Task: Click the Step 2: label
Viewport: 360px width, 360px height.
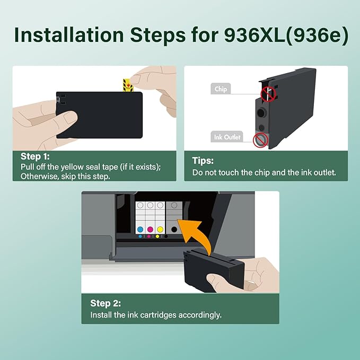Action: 106,303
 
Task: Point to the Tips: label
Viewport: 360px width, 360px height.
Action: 203,160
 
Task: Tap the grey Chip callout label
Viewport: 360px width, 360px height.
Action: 221,89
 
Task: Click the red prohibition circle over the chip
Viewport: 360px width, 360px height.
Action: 268,94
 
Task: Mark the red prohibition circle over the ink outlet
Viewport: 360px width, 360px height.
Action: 260,140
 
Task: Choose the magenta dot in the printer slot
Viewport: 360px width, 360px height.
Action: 150,230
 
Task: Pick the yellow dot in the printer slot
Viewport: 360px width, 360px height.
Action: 160,230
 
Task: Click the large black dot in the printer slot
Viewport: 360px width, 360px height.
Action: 174,229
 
